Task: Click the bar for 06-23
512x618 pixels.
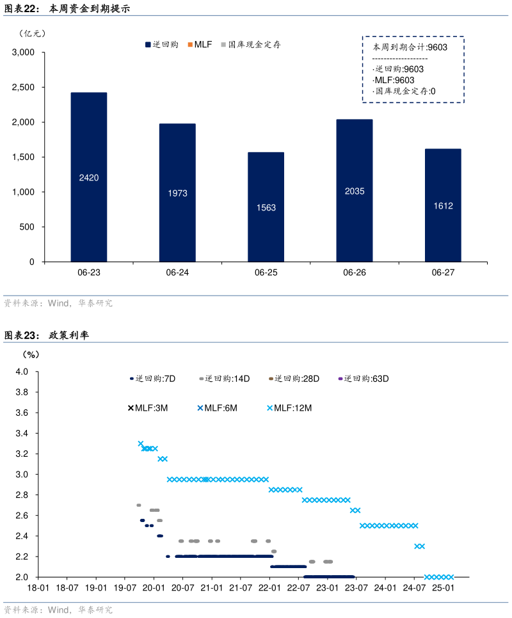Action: tap(89, 177)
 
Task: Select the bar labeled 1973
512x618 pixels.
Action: tap(177, 193)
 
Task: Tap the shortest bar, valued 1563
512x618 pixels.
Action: tap(266, 207)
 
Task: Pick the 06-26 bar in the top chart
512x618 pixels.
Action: tap(354, 191)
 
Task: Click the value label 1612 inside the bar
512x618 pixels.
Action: tap(443, 206)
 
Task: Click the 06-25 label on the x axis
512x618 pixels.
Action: tap(266, 273)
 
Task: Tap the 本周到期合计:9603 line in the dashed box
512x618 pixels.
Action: tap(410, 47)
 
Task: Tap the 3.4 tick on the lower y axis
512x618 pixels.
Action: tap(22, 434)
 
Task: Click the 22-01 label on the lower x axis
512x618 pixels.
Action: tap(269, 587)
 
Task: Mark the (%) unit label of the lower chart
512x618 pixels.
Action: tap(31, 354)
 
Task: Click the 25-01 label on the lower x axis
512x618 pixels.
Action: tap(444, 587)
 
